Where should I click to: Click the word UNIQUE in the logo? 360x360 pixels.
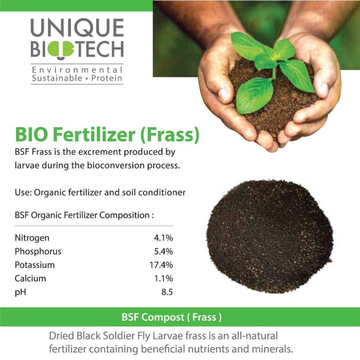77,28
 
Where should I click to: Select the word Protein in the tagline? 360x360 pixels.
107,78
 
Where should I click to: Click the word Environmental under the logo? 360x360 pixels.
77,70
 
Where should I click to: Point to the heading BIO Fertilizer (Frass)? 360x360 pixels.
107,135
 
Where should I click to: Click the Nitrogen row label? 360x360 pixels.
32,238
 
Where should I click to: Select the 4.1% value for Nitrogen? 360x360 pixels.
163,238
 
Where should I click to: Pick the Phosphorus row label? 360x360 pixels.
38,252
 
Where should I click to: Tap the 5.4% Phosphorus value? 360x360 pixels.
163,252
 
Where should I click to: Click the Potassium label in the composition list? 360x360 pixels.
35,265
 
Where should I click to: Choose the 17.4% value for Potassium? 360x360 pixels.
161,265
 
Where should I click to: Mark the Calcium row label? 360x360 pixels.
30,278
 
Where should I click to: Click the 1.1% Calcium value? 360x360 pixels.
163,278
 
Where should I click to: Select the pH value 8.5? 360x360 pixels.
167,292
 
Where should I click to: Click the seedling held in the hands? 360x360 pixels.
272,71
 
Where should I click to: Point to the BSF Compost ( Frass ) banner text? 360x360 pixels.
172,317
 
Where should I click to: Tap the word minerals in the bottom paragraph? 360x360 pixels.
272,349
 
